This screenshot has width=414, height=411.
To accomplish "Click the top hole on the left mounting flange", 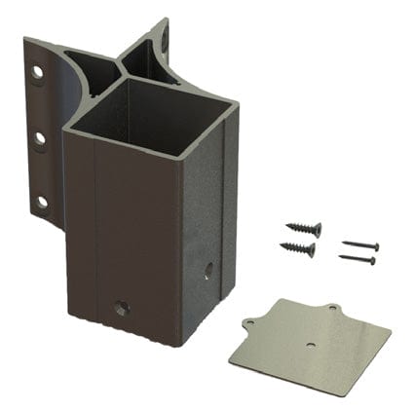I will [38, 72].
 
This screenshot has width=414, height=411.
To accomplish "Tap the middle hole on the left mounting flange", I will [40, 137].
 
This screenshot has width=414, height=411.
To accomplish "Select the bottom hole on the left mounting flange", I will [42, 203].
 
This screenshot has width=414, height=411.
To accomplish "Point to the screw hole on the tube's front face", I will [120, 308].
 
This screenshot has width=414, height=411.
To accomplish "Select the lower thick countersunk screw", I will [298, 249].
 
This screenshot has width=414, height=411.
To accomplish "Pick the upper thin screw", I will [360, 245].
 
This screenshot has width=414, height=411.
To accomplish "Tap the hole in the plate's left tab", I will [248, 325].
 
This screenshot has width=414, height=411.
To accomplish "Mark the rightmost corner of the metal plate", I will [390, 338].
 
